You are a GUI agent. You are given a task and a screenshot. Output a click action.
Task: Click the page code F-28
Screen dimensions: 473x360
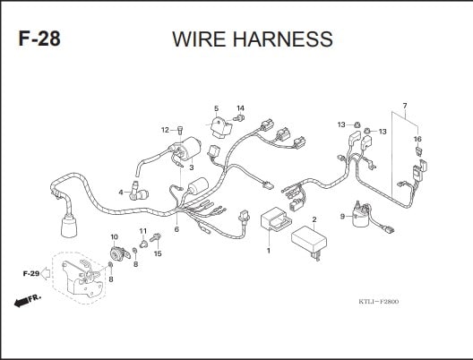click(x=39, y=39)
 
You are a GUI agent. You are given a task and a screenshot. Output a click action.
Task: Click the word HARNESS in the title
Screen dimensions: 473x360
click(x=283, y=39)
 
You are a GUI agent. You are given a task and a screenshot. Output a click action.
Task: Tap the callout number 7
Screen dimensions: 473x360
click(x=405, y=106)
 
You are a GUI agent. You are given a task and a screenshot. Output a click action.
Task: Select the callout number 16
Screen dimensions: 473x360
click(x=417, y=139)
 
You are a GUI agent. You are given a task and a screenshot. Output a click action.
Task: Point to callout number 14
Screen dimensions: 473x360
click(x=240, y=108)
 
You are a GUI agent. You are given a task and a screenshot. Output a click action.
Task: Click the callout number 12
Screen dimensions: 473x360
click(x=165, y=130)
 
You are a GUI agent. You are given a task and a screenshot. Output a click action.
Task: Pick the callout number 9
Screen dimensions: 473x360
click(x=342, y=216)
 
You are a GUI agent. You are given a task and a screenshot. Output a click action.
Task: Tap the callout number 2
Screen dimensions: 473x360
click(x=314, y=219)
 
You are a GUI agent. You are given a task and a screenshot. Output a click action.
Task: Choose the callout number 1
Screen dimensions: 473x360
click(x=269, y=250)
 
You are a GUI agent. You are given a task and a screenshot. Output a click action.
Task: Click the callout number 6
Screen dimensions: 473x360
click(x=176, y=229)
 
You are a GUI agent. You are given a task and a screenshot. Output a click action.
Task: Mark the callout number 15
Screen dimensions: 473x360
click(x=158, y=253)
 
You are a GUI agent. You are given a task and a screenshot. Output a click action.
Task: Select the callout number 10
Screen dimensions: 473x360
click(x=115, y=237)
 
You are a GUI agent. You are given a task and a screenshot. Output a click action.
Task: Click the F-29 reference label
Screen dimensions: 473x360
click(x=31, y=274)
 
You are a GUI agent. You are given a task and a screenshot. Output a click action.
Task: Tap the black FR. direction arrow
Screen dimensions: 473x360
click(x=21, y=303)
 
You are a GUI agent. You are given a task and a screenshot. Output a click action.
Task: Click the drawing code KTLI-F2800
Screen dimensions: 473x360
click(x=379, y=302)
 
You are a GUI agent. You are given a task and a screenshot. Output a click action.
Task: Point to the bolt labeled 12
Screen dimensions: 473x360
click(x=180, y=131)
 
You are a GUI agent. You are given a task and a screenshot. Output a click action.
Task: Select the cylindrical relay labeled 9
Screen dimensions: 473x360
click(x=360, y=215)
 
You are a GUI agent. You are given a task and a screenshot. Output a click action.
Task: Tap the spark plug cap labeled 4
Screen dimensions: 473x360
click(x=139, y=192)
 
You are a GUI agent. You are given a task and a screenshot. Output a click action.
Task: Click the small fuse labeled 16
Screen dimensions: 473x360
click(x=418, y=151)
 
